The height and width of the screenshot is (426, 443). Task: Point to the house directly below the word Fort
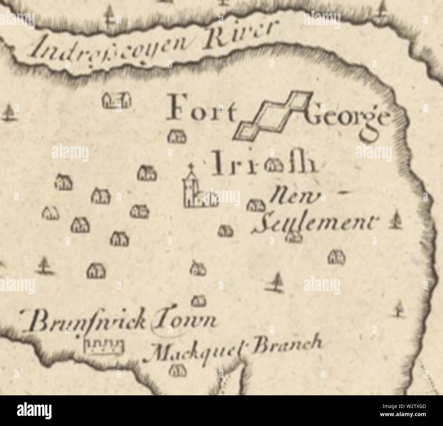[x=178, y=137]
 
